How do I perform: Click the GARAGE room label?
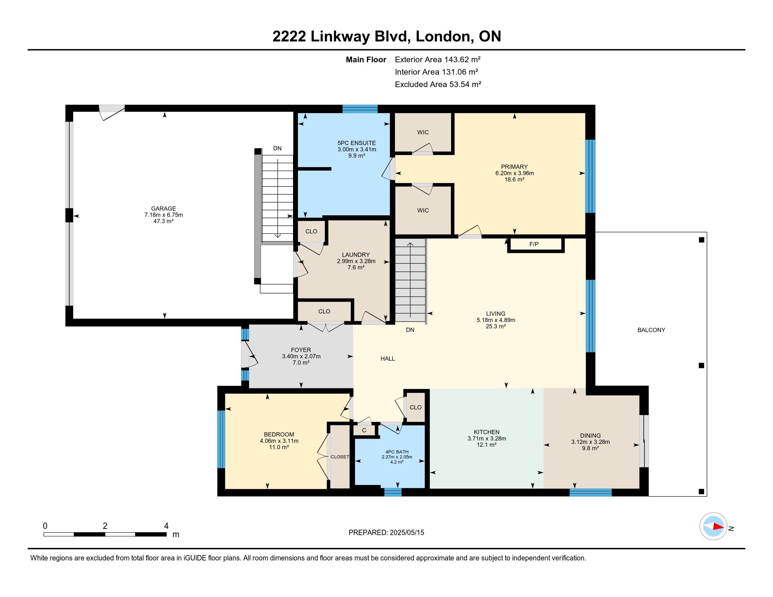coord(163,209)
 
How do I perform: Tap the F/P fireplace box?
coord(535,244)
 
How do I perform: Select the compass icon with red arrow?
coord(713,526)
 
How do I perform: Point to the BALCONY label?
coord(651,330)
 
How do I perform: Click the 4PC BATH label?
coord(397,452)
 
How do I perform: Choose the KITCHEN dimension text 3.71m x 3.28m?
coord(487,439)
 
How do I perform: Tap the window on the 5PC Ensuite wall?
coord(360,109)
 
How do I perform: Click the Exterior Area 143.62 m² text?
coord(437,59)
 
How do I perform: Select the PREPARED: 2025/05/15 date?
coord(386,533)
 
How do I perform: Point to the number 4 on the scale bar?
coord(166,526)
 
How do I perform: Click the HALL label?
coord(388,359)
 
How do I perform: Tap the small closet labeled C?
coord(364,430)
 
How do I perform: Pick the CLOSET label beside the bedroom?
coord(340,457)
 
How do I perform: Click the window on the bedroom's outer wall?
coord(221,439)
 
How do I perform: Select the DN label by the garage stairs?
coord(278,149)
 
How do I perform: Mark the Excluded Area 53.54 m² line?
coord(438,84)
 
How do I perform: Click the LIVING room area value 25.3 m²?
coord(495,327)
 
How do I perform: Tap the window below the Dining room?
coord(590,492)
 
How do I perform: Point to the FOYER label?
coord(301,350)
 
